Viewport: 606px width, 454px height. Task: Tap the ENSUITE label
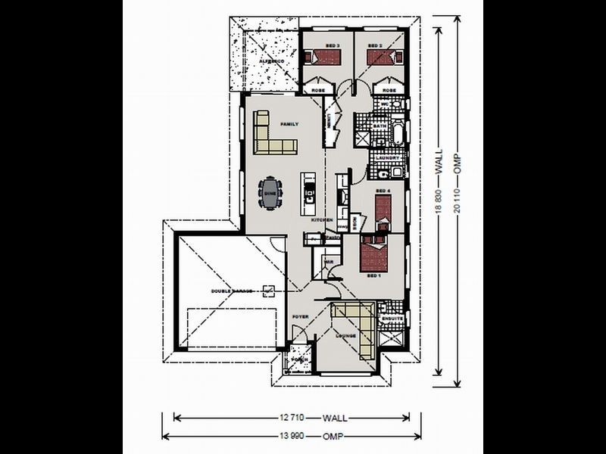[x=392, y=319]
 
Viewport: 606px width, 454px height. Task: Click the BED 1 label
[x=373, y=277]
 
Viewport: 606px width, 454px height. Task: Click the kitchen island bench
[x=308, y=194]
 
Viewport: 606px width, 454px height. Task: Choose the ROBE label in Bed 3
[x=319, y=90]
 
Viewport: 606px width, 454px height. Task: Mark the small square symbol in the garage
[x=267, y=291]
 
